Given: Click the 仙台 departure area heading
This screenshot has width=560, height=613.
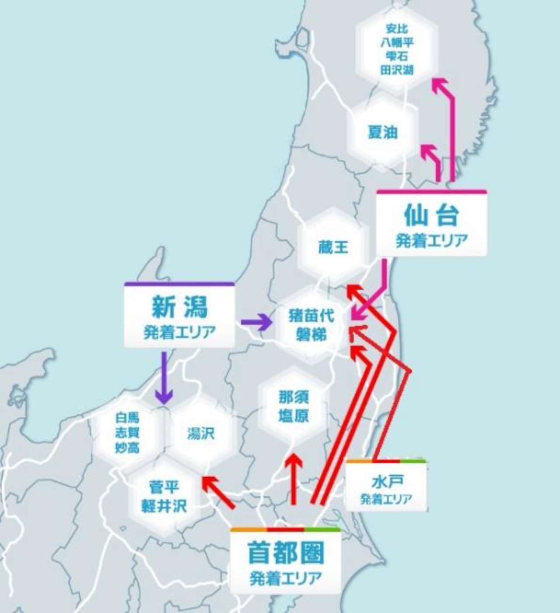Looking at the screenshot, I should tap(431, 215).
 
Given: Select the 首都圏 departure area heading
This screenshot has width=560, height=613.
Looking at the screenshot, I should tap(286, 553).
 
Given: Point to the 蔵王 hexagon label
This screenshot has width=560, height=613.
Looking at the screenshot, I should tap(333, 247).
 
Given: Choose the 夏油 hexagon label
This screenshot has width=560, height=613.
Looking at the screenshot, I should tap(383, 132).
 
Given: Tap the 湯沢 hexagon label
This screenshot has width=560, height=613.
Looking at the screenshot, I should tap(201, 433).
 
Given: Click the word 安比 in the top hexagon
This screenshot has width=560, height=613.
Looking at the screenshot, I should tap(397, 29).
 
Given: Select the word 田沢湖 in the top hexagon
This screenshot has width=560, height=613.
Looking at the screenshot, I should tap(397, 70).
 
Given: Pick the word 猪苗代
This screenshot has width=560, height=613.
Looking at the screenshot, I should tap(311, 316).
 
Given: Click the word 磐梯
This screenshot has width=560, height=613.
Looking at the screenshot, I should tap(311, 335).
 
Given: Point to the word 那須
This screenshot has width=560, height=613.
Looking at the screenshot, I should tap(294, 397).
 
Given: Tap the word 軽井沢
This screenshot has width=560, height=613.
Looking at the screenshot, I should tap(164, 506).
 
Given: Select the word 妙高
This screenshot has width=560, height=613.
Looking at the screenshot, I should tap(127, 447).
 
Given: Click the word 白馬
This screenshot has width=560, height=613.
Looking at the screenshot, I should tap(127, 417).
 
